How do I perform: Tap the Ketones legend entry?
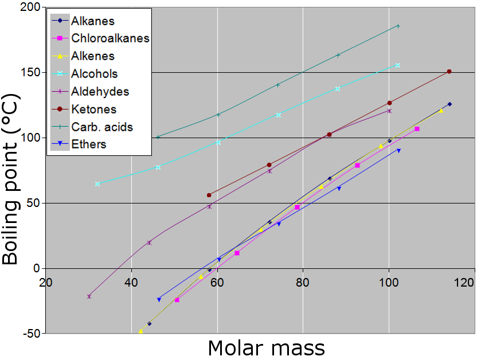coord(93,109)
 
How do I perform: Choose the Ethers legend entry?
coord(88,144)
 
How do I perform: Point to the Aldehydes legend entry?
coord(100,92)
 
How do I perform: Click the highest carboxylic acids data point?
coord(398,26)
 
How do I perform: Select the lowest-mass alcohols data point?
coord(97,184)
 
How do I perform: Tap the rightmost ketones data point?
coord(449,72)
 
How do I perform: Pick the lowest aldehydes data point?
coord(89,296)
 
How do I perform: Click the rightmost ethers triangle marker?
coord(398,150)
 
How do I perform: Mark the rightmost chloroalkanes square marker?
coord(417,129)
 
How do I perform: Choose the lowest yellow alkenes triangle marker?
coord(140,331)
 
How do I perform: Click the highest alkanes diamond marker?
coord(449,104)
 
